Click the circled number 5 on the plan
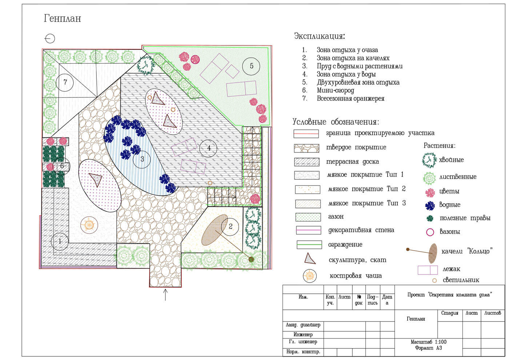[251, 66]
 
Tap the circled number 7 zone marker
[65, 82]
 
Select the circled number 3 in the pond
[142, 159]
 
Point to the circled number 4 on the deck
[208, 148]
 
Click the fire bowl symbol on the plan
[89, 225]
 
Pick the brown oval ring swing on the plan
[215, 230]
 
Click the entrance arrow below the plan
[165, 295]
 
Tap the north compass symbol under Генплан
[50, 39]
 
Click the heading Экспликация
[320, 36]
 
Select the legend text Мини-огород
[335, 91]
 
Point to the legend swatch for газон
[308, 217]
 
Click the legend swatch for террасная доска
[307, 162]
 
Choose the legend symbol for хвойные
[429, 160]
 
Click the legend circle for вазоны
[430, 232]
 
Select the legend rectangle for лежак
[428, 270]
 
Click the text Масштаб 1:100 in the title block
[429, 342]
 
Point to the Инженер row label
[303, 335]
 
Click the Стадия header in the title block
[450, 313]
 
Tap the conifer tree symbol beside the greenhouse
[146, 65]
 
